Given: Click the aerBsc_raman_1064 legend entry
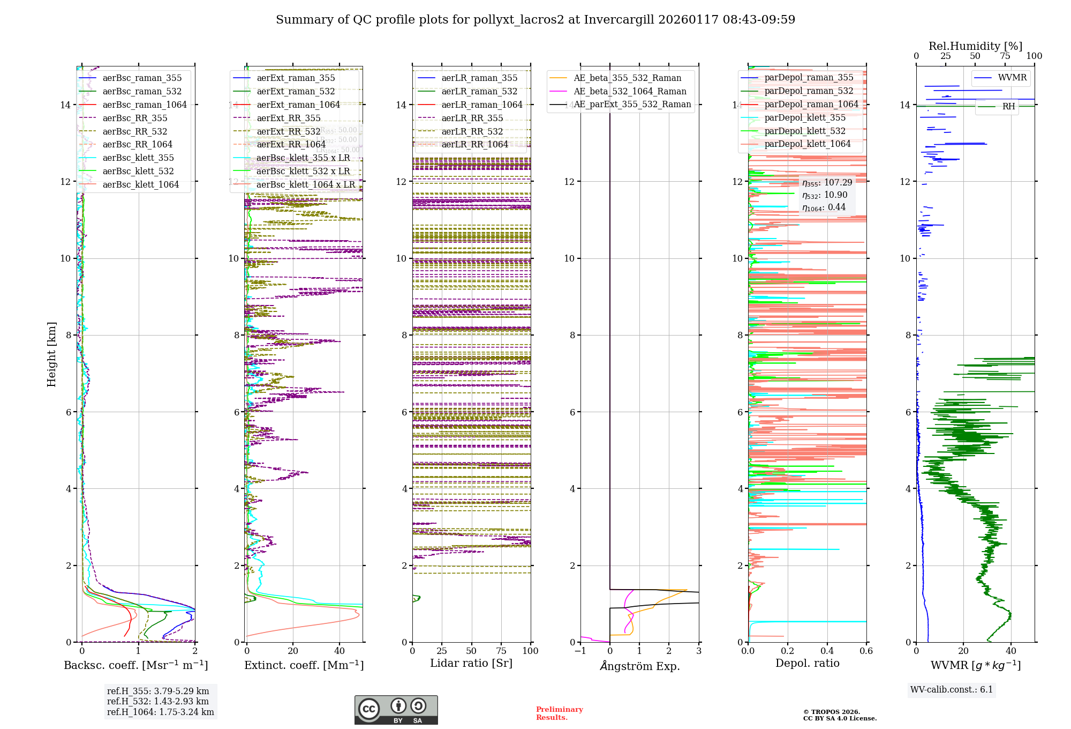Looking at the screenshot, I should (145, 105).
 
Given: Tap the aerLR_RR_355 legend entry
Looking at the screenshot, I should (472, 118).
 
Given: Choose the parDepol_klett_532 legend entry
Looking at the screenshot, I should (805, 131).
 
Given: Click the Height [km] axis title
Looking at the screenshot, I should (51, 354).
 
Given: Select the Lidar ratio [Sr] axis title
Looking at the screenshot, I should (471, 663).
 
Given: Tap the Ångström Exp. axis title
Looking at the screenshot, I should (640, 666).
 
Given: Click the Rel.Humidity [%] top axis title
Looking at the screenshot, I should (975, 46).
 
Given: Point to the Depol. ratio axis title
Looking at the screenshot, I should (807, 663).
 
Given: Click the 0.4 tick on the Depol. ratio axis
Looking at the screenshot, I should (827, 651).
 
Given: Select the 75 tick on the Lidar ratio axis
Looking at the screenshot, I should (501, 651).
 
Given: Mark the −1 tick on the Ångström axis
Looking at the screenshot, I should (580, 651).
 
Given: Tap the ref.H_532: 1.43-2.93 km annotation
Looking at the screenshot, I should (158, 702).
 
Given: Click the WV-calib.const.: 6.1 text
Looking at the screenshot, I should (951, 690).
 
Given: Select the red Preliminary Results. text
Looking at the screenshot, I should (559, 713).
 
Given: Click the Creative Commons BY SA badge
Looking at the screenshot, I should (396, 710).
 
